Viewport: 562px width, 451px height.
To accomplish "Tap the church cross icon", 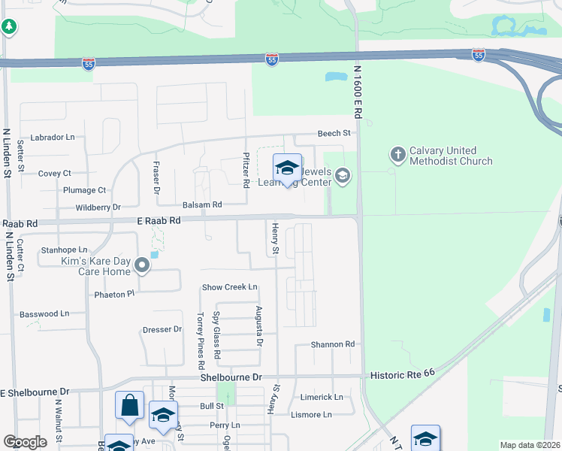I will coord(397,155).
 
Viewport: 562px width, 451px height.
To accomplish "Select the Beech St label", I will coord(334,133).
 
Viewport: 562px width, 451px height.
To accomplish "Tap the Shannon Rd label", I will coord(333,344).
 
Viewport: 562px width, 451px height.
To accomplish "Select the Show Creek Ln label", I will coord(230,287).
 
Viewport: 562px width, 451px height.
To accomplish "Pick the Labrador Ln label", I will coord(55,138).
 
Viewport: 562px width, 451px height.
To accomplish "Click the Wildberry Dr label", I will coord(98,207).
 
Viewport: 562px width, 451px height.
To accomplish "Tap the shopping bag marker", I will coord(129,405).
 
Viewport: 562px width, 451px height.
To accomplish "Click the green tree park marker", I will coord(9,27).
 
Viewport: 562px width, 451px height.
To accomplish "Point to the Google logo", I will coord(25,442).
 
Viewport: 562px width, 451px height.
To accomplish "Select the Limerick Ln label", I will coord(322,397).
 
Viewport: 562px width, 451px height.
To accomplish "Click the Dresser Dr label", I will coord(162,329).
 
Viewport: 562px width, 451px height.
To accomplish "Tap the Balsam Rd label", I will coord(202,204).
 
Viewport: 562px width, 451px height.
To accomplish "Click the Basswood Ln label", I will coord(44,313).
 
